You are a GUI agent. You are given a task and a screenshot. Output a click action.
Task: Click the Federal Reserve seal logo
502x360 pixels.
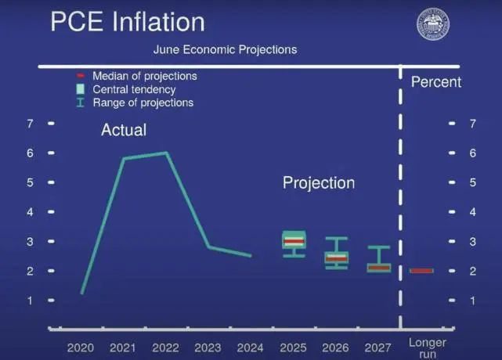(x=433, y=24)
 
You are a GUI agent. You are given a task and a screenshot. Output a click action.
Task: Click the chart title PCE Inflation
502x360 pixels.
(x=128, y=22)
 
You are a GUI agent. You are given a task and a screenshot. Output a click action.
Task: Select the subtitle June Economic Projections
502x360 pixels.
(x=225, y=49)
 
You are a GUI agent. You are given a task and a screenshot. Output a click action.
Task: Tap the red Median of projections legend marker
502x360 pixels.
(x=80, y=76)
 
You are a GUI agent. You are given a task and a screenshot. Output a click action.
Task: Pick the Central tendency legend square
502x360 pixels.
(x=81, y=89)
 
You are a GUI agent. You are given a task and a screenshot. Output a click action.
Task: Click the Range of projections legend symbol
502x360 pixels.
(x=81, y=103)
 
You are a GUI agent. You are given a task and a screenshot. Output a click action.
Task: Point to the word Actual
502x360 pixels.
(x=124, y=130)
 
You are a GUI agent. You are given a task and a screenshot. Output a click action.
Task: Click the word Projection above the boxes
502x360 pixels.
(x=319, y=183)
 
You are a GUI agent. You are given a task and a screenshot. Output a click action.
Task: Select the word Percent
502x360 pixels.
(x=436, y=82)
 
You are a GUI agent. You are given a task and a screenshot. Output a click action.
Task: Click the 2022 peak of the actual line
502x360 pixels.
(x=167, y=153)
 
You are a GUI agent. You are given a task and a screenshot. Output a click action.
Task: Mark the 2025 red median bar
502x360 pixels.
(x=294, y=241)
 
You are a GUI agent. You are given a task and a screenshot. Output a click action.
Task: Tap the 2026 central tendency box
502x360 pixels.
(x=337, y=257)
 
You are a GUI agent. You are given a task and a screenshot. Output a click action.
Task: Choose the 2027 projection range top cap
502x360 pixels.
(x=379, y=247)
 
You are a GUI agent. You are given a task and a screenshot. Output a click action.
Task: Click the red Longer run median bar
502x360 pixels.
(x=421, y=271)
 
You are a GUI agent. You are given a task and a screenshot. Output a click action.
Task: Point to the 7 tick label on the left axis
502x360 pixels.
(x=30, y=124)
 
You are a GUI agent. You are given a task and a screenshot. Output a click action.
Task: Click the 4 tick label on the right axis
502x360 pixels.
(x=472, y=212)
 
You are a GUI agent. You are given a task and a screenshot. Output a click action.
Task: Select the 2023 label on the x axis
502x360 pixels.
(x=208, y=347)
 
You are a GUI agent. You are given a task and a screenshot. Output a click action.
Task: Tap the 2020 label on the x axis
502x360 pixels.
(x=81, y=347)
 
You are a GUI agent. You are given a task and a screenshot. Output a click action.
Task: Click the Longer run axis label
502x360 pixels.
(x=428, y=348)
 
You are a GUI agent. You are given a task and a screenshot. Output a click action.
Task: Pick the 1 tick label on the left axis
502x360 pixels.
(x=30, y=301)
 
